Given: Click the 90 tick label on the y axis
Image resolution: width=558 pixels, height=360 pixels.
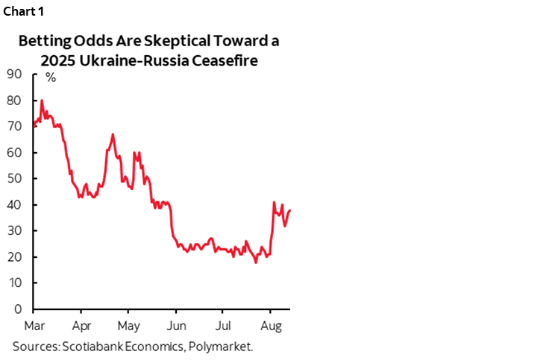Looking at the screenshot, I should [x=14, y=74].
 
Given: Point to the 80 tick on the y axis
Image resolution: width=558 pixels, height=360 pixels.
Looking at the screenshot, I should [x=14, y=100].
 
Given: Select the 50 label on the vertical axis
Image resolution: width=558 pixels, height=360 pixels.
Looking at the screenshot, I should [x=14, y=178].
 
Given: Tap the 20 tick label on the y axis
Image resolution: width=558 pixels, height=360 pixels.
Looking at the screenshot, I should [x=14, y=256].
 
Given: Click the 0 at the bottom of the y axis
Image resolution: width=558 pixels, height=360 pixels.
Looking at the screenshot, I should [x=17, y=309].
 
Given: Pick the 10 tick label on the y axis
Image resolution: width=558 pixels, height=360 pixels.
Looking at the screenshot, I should [x=14, y=282].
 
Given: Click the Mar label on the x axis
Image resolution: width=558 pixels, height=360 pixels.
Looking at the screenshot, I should [x=34, y=326].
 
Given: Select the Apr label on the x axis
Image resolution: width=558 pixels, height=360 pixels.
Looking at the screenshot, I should [x=82, y=326].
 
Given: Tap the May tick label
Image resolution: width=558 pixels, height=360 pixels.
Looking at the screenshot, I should [x=129, y=326].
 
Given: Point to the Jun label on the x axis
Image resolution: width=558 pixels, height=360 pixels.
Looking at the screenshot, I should [x=176, y=326].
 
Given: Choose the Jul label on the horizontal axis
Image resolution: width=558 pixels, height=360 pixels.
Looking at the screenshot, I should [x=223, y=326].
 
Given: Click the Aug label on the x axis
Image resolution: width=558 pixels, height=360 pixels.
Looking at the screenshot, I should [x=270, y=326].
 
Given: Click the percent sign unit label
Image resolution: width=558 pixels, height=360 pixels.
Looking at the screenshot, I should [x=51, y=77].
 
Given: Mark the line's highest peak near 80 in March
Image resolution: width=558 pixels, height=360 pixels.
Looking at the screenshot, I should [x=42, y=100].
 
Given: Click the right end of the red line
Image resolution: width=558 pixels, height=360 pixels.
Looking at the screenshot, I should [x=289, y=210].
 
